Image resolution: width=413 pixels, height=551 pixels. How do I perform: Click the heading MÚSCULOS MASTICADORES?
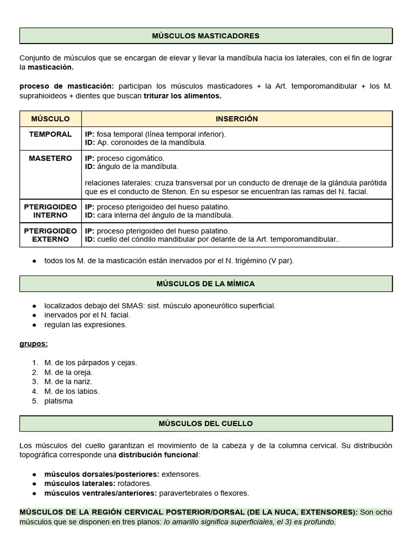coord(205,36)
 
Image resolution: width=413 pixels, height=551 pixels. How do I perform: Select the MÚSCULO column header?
coord(50,119)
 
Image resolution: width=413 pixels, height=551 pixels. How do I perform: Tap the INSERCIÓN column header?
coord(237,119)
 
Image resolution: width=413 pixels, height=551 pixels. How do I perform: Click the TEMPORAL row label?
coord(50,135)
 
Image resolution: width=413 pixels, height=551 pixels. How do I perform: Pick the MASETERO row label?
coord(50,158)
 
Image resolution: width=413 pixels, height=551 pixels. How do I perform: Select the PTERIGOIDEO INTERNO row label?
coord(50,211)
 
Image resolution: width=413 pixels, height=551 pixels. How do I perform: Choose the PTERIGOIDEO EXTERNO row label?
coord(50,235)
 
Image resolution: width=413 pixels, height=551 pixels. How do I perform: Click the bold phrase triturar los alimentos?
coord(182,96)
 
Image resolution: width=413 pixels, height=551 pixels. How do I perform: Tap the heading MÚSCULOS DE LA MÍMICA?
coord(205,284)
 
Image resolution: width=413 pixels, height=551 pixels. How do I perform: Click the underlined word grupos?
coord(33,344)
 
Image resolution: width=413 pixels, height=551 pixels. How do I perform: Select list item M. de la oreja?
coord(68,372)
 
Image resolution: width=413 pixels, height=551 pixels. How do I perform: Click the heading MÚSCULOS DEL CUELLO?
coord(205,423)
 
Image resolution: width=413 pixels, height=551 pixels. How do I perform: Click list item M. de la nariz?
coord(68,382)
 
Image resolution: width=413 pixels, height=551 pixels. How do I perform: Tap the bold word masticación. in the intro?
coord(51,67)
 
